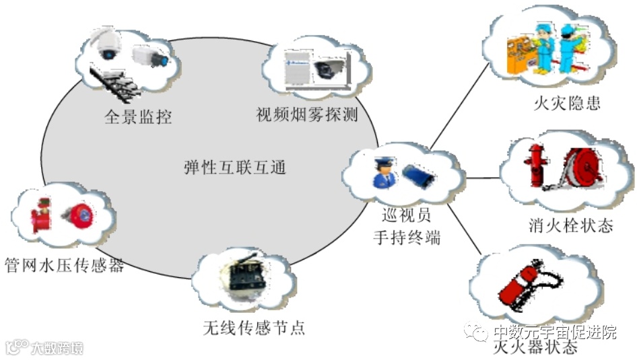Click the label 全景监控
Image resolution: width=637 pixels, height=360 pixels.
[138, 116]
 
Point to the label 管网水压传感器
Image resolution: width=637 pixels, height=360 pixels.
[65, 264]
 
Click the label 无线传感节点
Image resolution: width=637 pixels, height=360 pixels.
[253, 328]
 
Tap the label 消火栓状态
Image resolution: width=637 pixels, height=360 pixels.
[570, 225]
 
